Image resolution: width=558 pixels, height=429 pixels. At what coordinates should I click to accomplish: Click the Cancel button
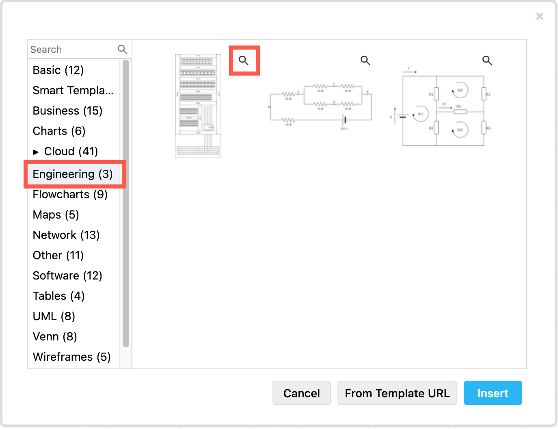[x=301, y=393]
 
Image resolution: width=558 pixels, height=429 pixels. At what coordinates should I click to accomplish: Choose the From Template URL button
[x=397, y=393]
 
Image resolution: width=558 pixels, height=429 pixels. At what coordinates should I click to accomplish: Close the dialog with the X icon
[x=539, y=16]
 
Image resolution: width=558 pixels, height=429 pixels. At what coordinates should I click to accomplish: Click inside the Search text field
[x=72, y=50]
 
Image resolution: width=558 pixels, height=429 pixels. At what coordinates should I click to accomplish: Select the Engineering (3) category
[x=73, y=174]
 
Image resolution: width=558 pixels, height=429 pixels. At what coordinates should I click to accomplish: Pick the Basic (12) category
[x=58, y=70]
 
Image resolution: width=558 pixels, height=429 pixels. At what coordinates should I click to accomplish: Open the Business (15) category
[x=67, y=111]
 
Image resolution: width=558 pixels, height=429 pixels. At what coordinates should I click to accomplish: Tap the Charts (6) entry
[x=59, y=131]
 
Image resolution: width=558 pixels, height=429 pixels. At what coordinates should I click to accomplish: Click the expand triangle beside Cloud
[x=36, y=152]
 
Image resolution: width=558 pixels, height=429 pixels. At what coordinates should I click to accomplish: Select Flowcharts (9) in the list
[x=70, y=195]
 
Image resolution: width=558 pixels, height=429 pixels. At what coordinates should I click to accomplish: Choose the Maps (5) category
[x=56, y=215]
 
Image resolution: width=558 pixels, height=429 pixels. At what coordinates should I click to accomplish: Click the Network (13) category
[x=66, y=235]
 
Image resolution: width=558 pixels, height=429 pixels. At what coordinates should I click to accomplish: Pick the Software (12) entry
[x=67, y=276]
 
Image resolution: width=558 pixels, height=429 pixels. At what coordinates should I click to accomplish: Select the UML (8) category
[x=54, y=316]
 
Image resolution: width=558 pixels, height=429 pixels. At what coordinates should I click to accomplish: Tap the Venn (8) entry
[x=55, y=337]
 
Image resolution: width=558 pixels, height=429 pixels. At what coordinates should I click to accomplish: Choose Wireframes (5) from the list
[x=71, y=357]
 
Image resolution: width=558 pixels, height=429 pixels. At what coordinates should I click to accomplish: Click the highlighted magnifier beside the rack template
[x=244, y=61]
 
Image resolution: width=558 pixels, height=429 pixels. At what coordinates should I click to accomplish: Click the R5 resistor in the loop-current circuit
[x=460, y=111]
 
